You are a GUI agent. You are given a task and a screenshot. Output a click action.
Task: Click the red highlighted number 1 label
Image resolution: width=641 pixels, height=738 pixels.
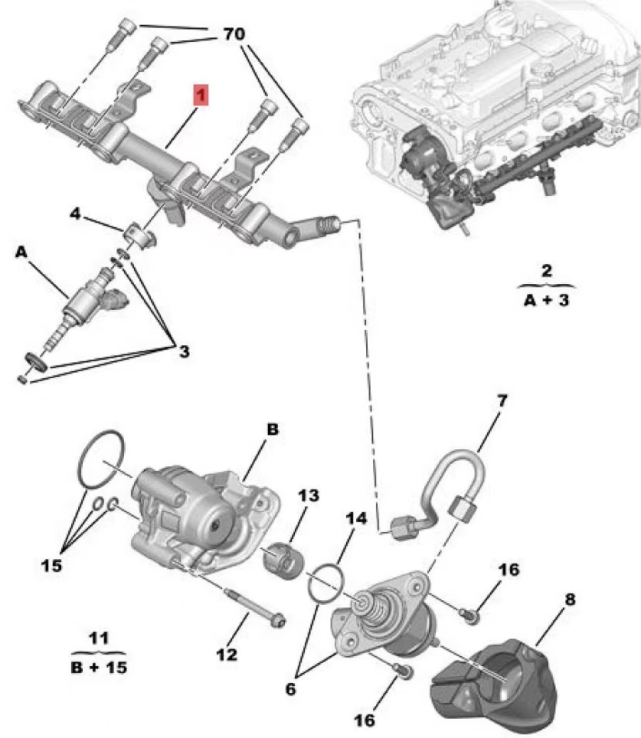click(x=201, y=95)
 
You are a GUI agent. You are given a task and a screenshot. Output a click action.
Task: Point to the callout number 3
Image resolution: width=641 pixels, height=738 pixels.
click(x=183, y=352)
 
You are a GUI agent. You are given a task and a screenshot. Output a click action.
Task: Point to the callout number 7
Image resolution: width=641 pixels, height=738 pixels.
click(x=501, y=401)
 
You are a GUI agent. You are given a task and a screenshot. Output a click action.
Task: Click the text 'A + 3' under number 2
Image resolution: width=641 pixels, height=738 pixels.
click(x=547, y=299)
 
